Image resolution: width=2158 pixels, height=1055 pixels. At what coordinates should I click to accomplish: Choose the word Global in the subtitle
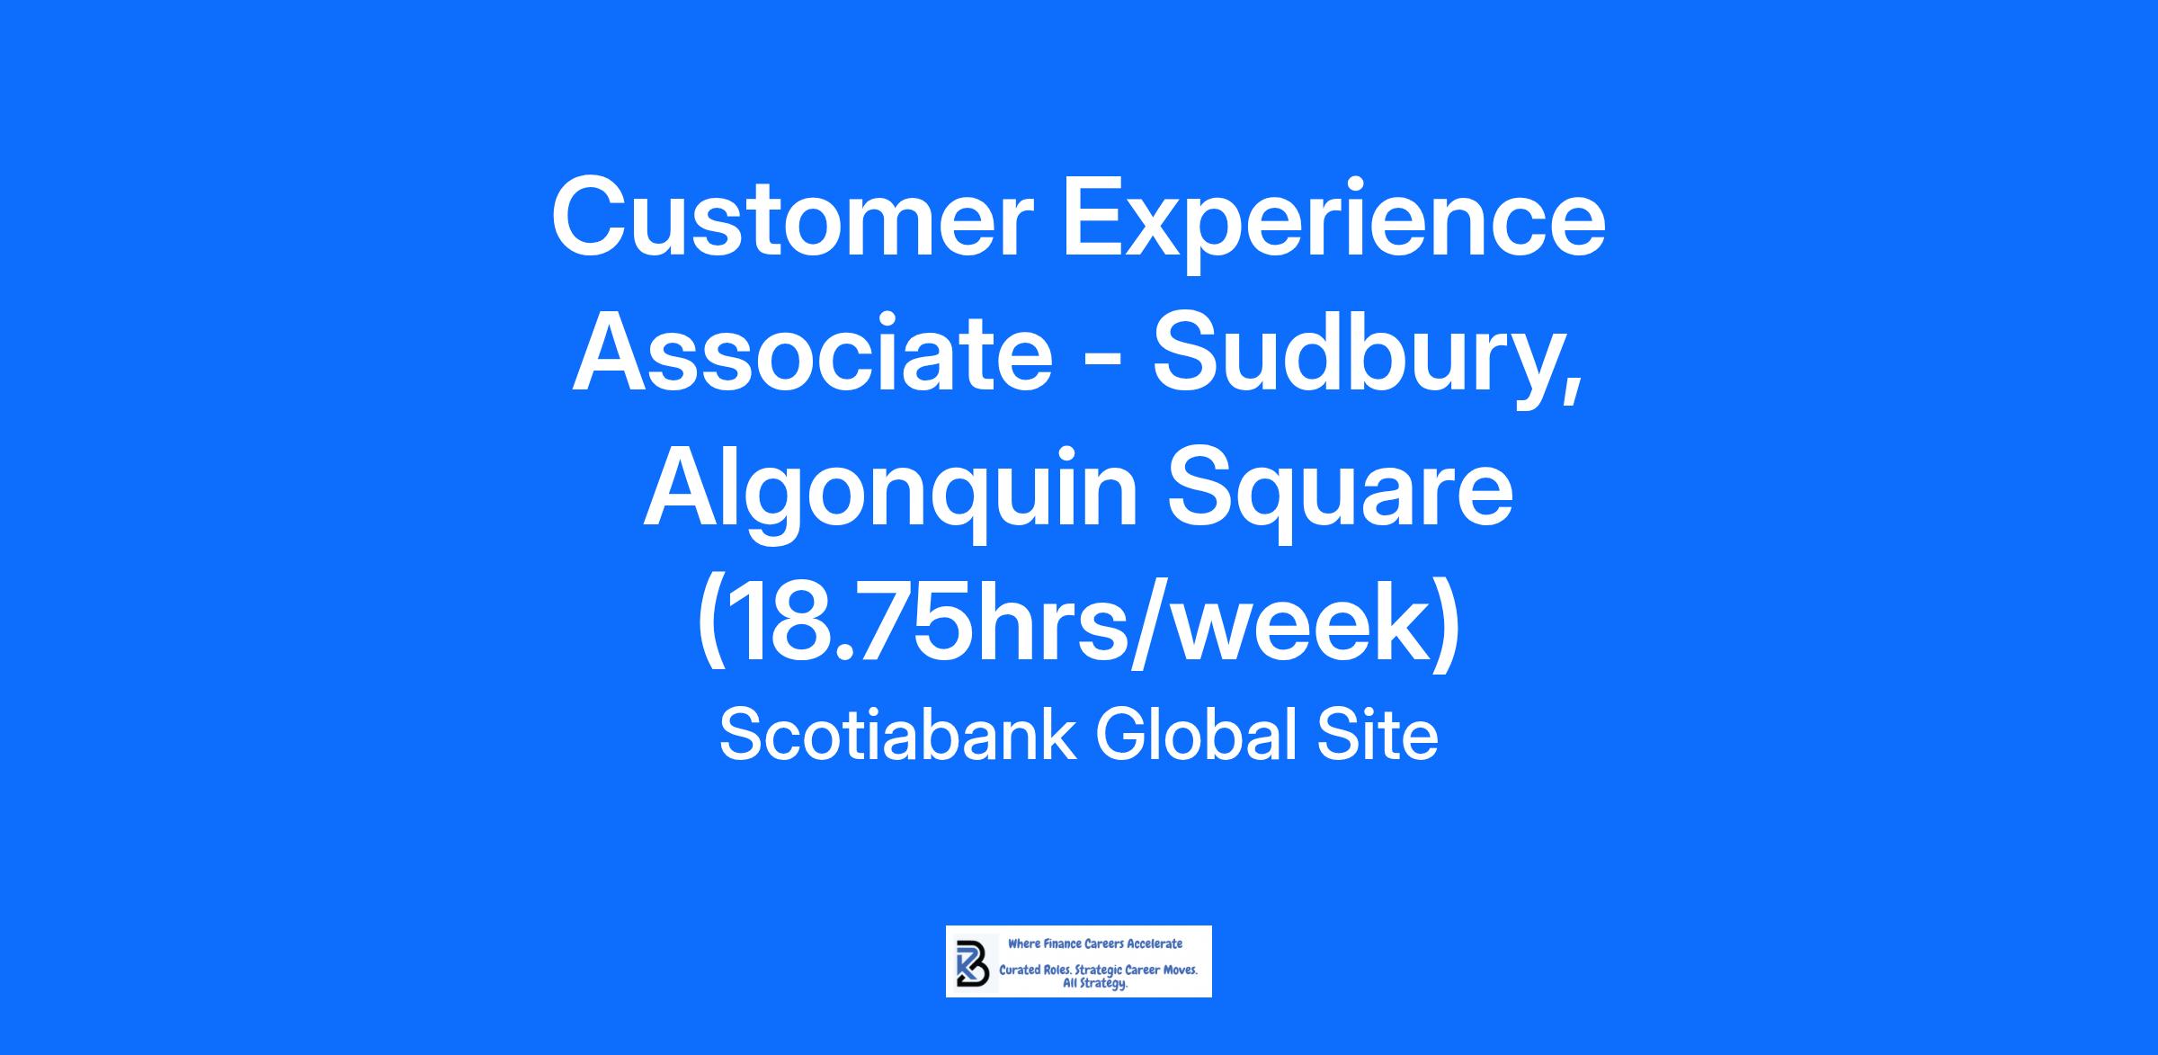coord(1198,735)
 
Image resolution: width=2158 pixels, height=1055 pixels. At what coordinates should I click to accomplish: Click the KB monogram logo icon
coord(973,961)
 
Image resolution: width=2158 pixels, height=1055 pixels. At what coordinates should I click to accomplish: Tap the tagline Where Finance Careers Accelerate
coord(1095,943)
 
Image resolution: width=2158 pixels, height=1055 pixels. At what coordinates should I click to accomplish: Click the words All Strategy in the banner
coord(1095,984)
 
